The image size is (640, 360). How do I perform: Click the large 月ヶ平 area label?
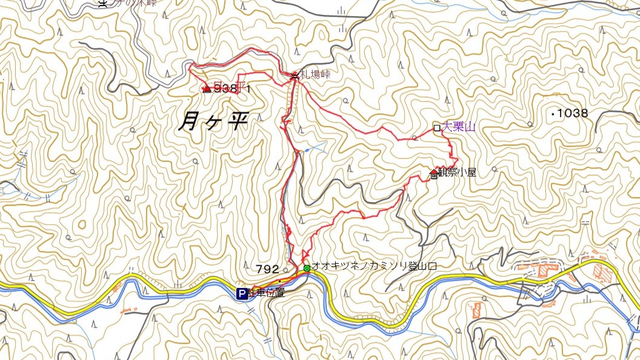pos(214,122)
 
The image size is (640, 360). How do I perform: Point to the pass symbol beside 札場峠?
pos(295,76)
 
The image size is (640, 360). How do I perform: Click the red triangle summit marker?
pos(207,88)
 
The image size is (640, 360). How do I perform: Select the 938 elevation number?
pos(225,88)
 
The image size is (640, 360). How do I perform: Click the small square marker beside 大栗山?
pos(436,127)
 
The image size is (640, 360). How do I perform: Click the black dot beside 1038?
pos(554,113)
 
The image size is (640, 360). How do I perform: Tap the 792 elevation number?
pos(267,268)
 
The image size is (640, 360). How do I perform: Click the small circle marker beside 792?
pos(285,269)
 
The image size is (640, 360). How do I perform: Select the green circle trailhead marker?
pos(307,268)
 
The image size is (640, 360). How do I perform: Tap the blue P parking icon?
pos(242,293)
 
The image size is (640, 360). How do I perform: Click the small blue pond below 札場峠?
pos(307,149)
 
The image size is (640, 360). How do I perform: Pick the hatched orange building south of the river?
pos(476,310)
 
